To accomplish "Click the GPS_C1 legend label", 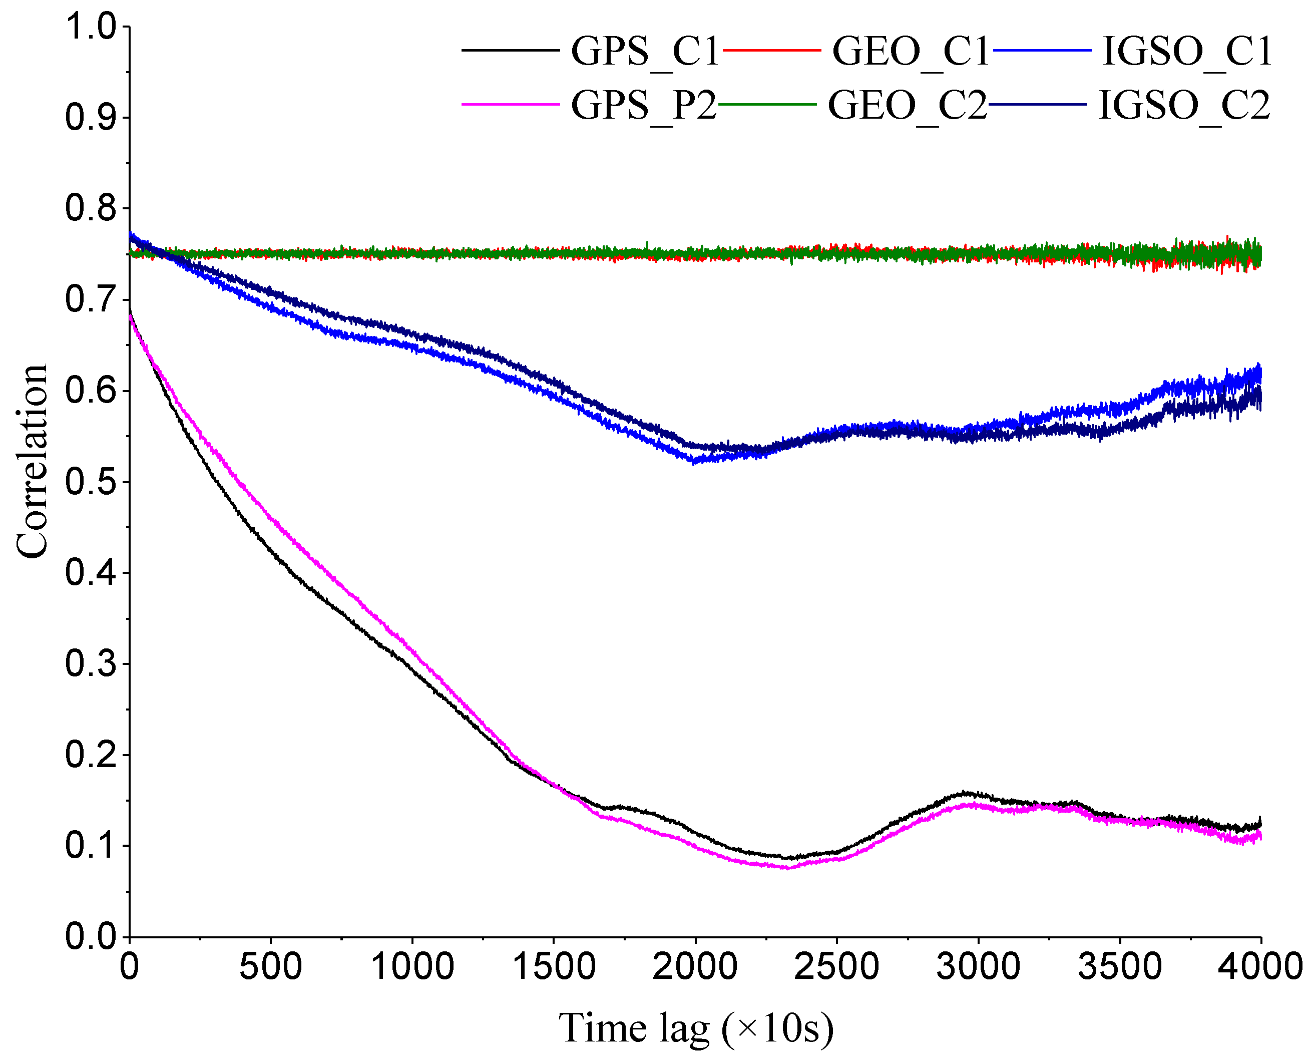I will tap(645, 51).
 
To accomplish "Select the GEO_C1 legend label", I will tap(910, 51).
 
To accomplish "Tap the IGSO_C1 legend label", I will tap(1187, 51).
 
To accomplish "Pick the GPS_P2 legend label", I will tap(643, 105).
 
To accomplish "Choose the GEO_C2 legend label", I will tap(907, 105).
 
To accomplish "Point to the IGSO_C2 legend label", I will tap(1184, 105).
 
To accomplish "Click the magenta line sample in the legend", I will tap(510, 105).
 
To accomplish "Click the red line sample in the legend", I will tap(771, 50).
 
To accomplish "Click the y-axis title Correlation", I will tap(32, 462).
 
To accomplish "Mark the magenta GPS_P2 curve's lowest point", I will tap(787, 868).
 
